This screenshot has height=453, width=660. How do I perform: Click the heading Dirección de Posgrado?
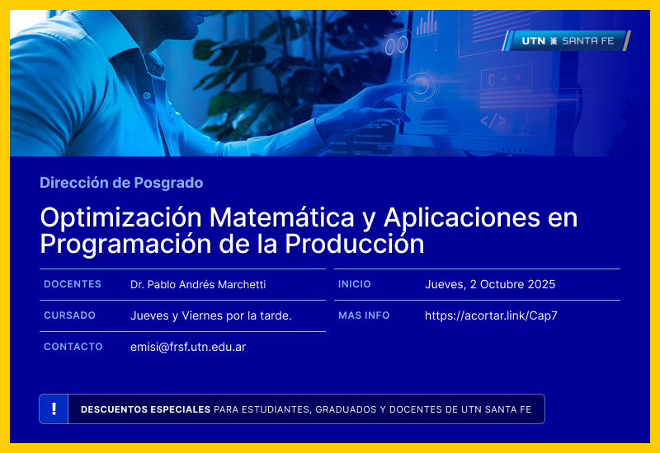point(121,183)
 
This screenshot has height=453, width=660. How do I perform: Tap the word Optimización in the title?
point(120,218)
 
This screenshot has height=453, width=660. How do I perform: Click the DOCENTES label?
point(73,284)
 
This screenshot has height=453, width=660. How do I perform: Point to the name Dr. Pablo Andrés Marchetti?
point(198,285)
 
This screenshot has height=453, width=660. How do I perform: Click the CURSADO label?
point(69,315)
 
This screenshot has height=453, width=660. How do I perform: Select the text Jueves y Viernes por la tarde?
point(211,316)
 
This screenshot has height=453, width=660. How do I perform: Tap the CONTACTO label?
point(73,347)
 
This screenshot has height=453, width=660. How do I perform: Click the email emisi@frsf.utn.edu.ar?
point(188,348)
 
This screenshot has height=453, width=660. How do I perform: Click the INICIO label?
point(355,284)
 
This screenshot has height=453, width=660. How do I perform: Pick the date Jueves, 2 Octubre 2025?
point(490,285)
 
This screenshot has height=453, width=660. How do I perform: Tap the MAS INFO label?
point(364,315)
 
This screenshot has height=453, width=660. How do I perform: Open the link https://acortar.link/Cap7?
point(491,316)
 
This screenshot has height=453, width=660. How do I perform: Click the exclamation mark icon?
point(54,409)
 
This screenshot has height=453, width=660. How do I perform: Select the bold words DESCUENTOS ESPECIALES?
point(145,409)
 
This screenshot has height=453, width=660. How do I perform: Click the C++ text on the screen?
point(504,80)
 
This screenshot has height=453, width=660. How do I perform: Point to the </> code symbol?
point(493,120)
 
